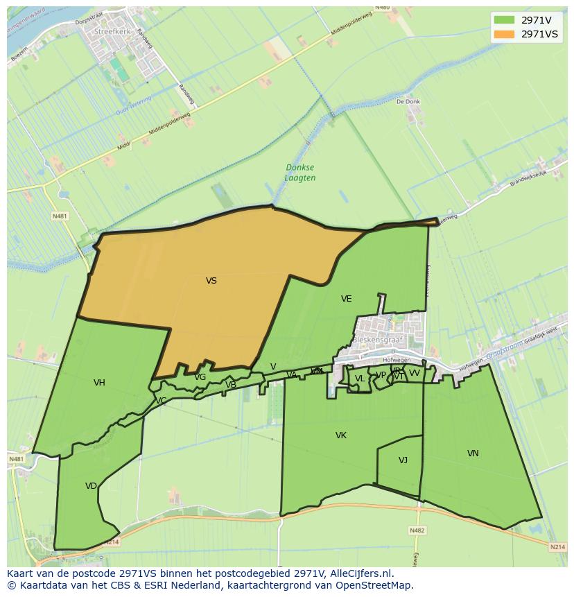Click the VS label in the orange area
point(211,281)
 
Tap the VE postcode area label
point(346,299)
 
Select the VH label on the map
point(99,383)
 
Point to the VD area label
point(91,486)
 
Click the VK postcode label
point(340,435)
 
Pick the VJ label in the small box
point(403,460)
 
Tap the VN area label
point(473,453)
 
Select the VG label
point(200,377)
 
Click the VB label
point(231,385)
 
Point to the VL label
point(359,379)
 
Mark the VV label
point(415,373)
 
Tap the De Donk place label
point(408,101)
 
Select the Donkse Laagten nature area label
point(300,173)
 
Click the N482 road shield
point(417,530)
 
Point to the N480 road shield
point(382,8)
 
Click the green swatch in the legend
point(504,19)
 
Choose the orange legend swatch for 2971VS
point(504,34)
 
